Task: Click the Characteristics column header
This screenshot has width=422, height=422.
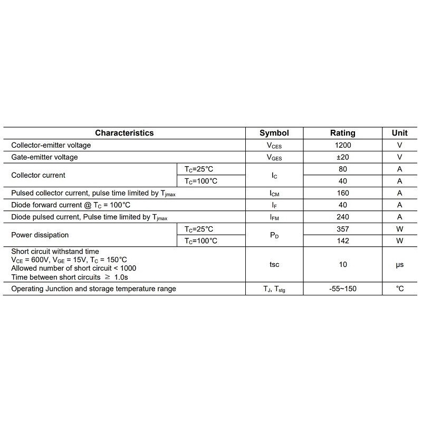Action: coord(124,133)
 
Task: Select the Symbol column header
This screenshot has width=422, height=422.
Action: coord(274,133)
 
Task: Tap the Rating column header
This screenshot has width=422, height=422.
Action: coord(343,133)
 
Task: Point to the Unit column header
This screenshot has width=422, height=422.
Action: coord(400,133)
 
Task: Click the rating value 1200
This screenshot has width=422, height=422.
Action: coord(343,145)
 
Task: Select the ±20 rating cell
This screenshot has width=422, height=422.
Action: coord(343,157)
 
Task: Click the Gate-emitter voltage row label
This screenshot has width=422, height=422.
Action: coord(44,157)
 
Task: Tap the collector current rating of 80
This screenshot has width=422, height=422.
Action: coord(343,169)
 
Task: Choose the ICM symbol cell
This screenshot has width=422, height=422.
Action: coord(274,194)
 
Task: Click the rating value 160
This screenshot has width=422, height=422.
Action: coord(343,193)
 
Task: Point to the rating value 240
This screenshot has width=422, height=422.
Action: coord(343,217)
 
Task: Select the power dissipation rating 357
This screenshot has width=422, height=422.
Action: coord(343,229)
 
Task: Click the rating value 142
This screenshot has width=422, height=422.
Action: coord(343,241)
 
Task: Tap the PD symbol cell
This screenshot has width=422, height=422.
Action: coord(274,235)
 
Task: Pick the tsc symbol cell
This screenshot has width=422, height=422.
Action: coord(274,265)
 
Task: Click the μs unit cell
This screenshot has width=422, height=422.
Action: coord(400,265)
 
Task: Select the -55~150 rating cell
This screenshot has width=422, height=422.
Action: coord(343,289)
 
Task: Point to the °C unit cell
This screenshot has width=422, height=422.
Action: coord(400,289)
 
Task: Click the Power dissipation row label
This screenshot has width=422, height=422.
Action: coord(40,235)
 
